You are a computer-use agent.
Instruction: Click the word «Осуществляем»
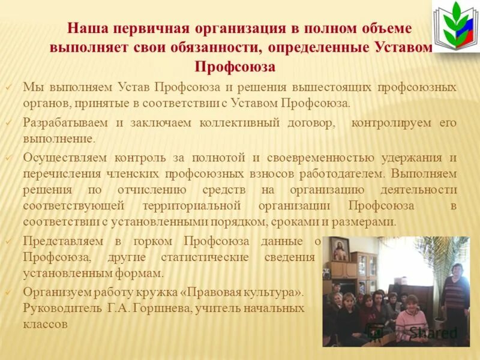65,158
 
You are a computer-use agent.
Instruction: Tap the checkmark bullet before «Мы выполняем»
9,88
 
